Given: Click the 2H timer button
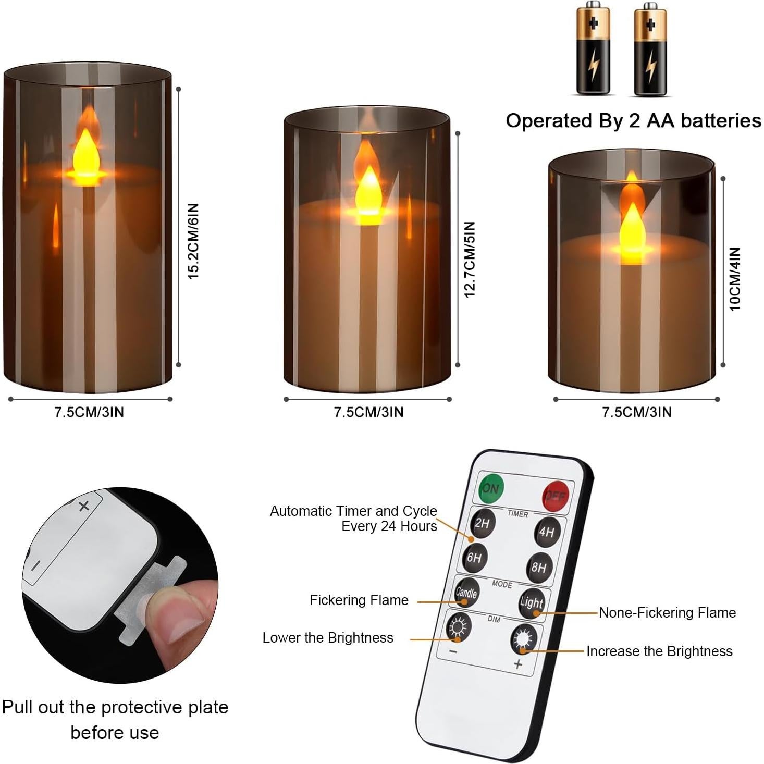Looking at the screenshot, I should pos(482,523).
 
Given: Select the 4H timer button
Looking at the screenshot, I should pos(547,532).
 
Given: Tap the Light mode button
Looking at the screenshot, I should pos(532,603).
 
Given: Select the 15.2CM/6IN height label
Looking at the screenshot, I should pos(194,241).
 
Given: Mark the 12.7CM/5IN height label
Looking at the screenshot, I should pos(470,259).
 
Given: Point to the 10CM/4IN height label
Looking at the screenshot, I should pos(735,279).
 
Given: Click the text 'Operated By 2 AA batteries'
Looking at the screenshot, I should pos(633,120).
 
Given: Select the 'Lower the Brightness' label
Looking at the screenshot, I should pos(328,638).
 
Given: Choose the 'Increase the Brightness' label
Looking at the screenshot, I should pos(659,651).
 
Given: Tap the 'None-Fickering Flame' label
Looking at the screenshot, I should pos(667,613).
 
